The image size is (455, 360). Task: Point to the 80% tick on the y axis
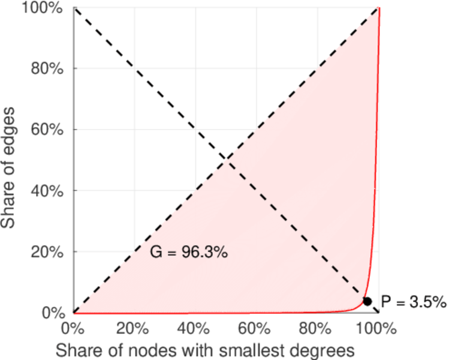coord(47,68)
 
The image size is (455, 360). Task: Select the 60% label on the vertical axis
coord(47,130)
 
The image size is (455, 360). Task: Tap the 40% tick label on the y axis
coord(47,191)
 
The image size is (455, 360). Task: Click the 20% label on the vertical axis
coord(47,252)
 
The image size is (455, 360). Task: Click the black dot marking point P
coord(367,301)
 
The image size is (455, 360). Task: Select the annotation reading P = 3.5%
coord(414,302)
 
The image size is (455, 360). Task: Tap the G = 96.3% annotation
coord(188,253)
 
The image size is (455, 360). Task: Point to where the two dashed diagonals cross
coord(226,160)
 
